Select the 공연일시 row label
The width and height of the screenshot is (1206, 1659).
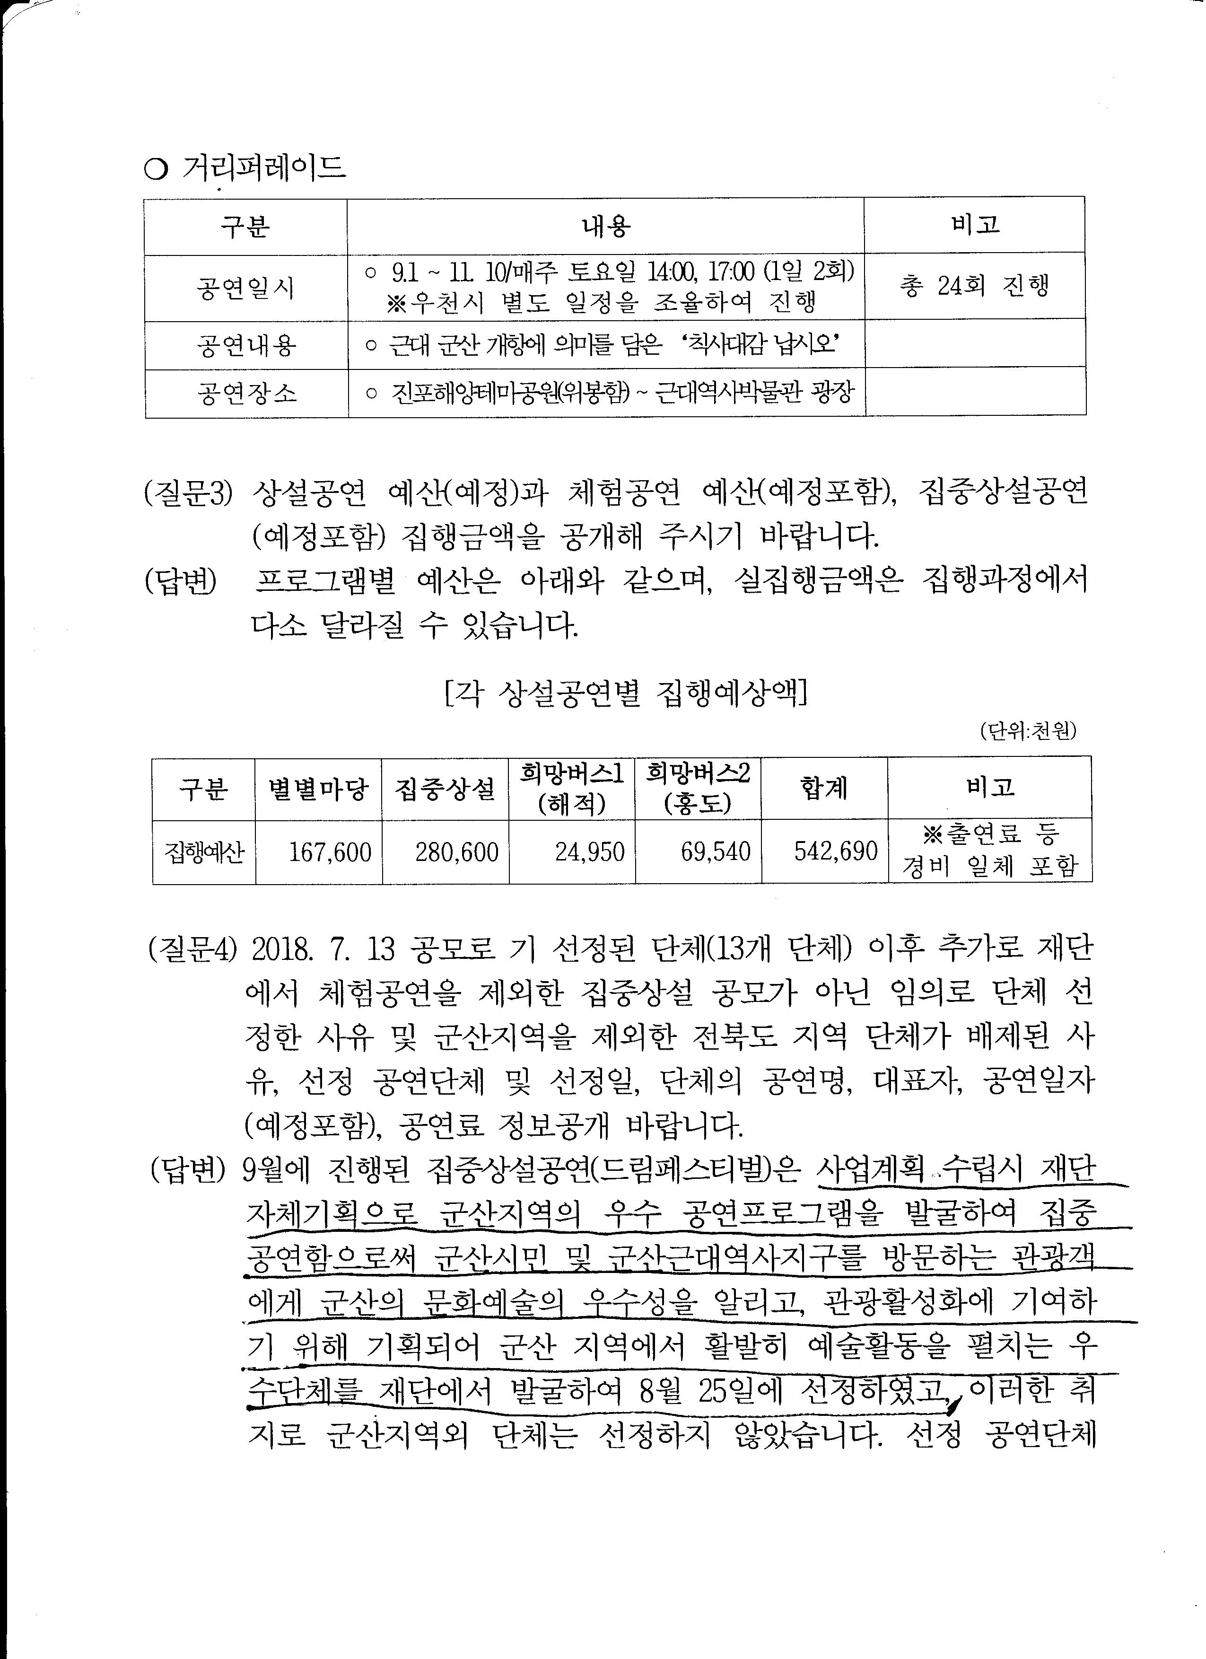tap(246, 288)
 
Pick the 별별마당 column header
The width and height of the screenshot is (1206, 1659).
tap(318, 789)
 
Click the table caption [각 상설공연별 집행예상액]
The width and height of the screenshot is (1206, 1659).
tap(626, 693)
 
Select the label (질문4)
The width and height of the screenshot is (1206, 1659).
tap(192, 949)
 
